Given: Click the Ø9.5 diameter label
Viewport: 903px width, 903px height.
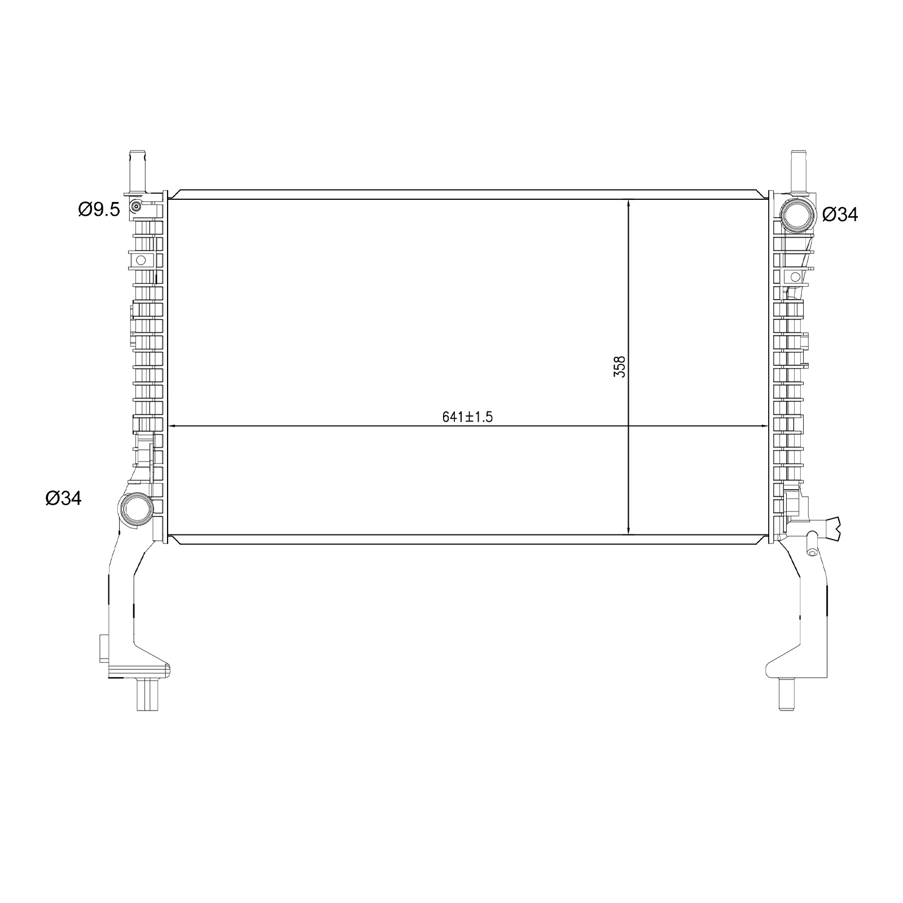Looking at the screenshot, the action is tap(99, 210).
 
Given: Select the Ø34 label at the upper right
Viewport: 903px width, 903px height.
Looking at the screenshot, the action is tap(840, 214).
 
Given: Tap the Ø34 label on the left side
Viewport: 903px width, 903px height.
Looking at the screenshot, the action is tap(64, 498).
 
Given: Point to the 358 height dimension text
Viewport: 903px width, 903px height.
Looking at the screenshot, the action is tap(620, 366).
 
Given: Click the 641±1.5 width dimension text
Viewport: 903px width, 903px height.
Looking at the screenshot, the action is tap(467, 417).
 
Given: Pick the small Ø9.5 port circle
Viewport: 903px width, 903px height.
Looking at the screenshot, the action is tap(135, 207).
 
